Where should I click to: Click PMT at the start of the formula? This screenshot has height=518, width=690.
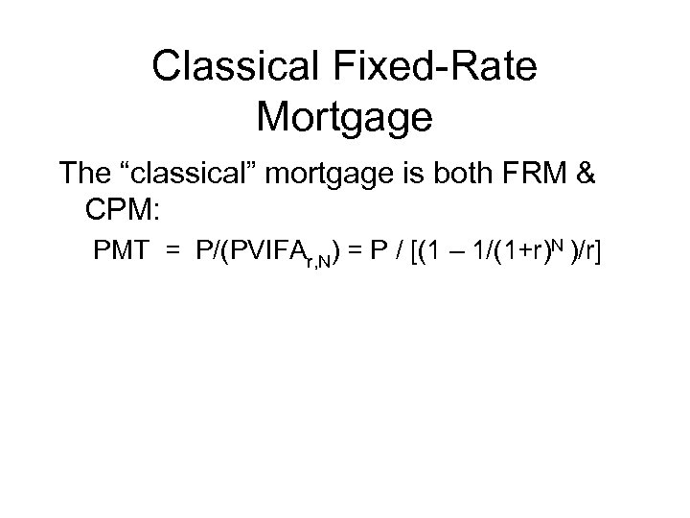tap(119, 251)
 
